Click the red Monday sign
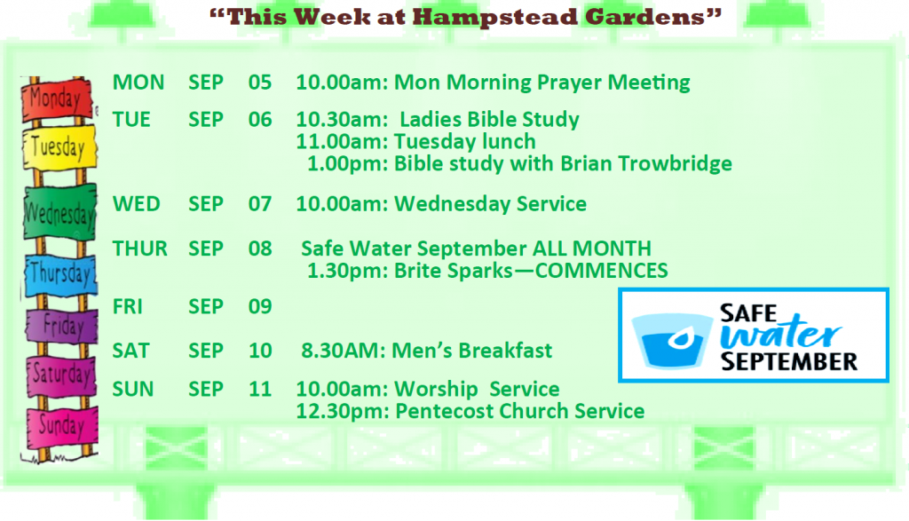coord(57,99)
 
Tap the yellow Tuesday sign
coord(59,148)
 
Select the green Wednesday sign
coord(59,213)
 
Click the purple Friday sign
coord(62,326)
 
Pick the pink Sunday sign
coord(62,427)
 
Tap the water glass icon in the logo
coord(671,341)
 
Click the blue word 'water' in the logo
coord(780,334)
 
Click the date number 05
coord(260,83)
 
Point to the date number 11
coord(260,389)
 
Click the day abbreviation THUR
coord(139,249)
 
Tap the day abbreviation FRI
coord(128,306)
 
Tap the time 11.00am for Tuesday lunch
coord(342,142)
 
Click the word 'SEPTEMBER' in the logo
coord(789,361)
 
